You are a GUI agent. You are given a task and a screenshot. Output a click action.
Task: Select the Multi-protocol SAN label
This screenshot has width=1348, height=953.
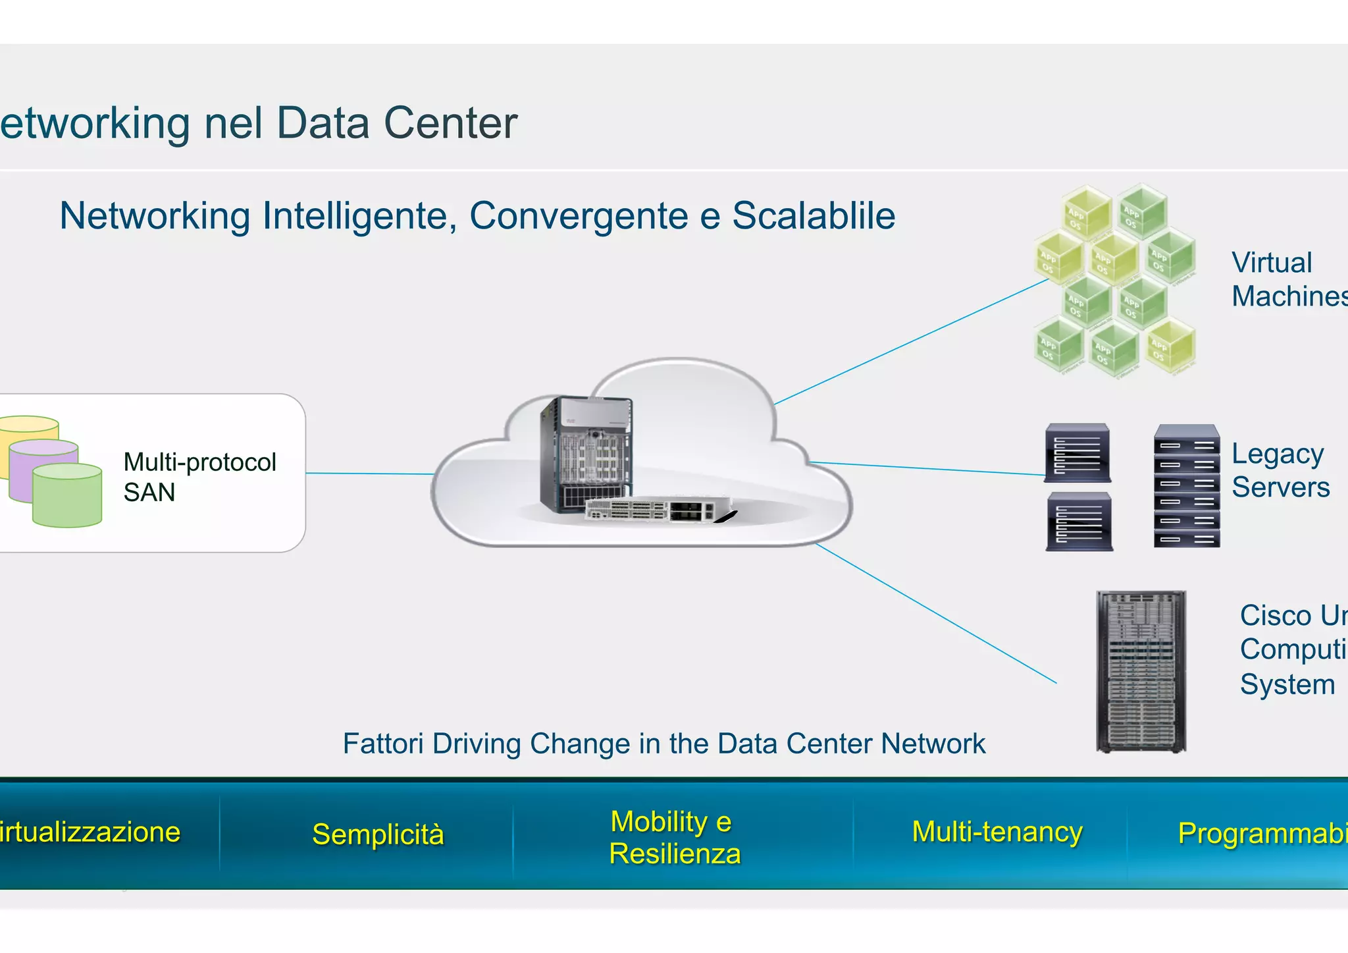point(199,477)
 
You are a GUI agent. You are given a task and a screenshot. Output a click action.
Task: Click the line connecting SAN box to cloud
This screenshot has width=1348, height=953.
point(369,474)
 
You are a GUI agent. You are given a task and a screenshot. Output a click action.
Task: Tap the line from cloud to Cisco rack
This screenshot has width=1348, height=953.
point(935,613)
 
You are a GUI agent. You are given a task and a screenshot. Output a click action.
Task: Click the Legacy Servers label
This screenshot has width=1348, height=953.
point(1280,470)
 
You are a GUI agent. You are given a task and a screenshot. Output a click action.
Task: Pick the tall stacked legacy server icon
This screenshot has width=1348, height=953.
point(1186,485)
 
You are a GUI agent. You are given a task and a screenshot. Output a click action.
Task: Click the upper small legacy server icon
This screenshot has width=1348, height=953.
point(1077,454)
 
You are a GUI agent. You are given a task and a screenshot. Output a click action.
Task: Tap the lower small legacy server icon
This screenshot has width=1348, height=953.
point(1079,522)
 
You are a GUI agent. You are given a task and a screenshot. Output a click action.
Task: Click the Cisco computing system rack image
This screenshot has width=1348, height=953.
point(1141,672)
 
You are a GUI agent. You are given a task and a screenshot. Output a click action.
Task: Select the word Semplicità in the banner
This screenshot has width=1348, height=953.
point(378,834)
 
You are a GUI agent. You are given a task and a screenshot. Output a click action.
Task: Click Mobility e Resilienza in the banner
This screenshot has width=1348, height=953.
point(674,837)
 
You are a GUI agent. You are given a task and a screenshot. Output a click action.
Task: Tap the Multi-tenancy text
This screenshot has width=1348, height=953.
point(997,831)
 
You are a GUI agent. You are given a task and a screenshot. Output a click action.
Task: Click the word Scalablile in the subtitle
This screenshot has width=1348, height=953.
point(814,215)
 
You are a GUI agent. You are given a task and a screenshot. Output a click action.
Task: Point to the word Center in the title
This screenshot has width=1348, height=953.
point(450,123)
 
